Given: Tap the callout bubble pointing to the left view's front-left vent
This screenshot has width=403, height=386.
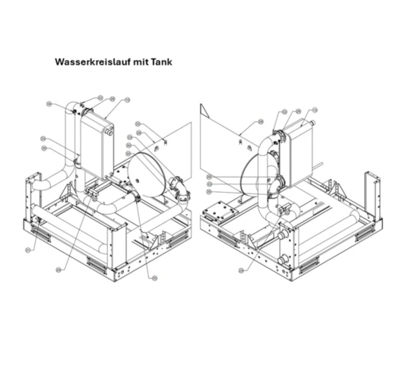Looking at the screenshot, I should [x=29, y=249].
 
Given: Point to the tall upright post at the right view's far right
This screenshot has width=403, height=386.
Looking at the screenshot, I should [x=370, y=193].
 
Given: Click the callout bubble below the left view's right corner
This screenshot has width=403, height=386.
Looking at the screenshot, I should [x=154, y=278].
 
